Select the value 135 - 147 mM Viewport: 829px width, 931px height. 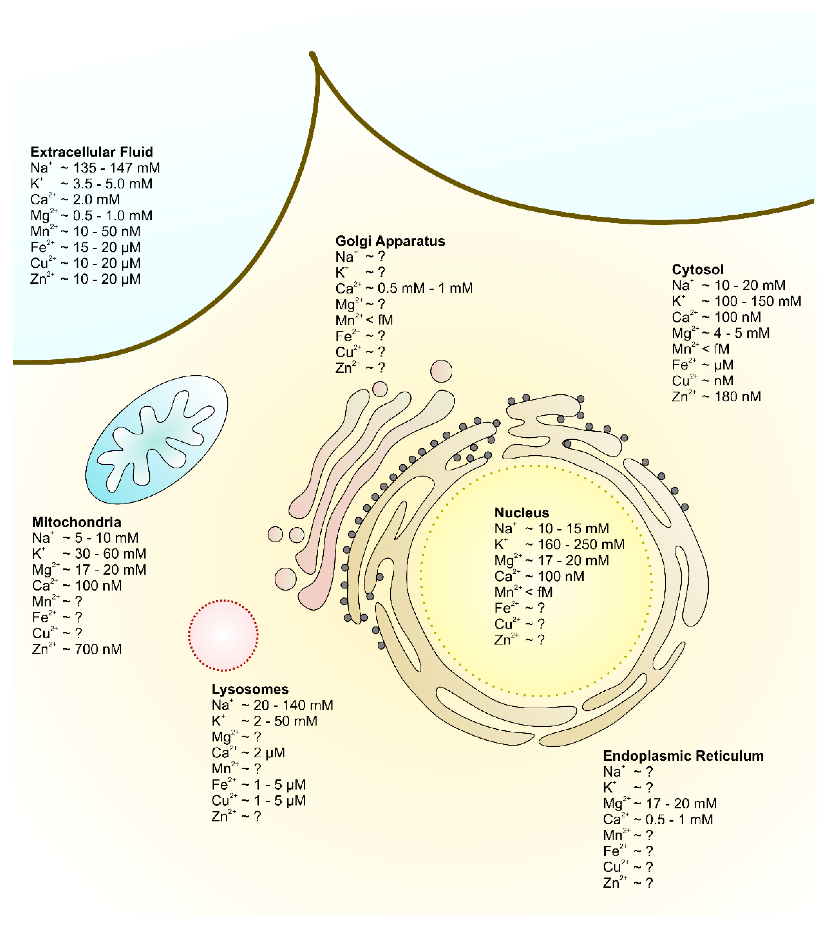(x=116, y=168)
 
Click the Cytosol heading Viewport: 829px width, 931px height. (x=697, y=270)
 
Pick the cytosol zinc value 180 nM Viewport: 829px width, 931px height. (x=738, y=397)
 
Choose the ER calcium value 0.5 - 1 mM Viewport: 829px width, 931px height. (x=679, y=820)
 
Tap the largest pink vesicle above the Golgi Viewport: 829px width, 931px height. (x=441, y=371)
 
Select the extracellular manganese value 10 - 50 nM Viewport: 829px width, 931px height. (x=107, y=231)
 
